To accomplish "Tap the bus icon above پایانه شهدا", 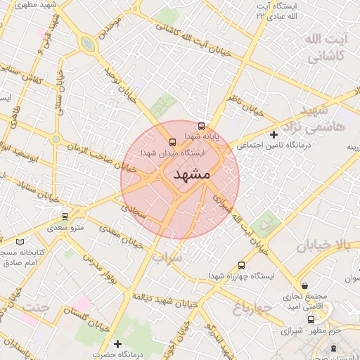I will [202, 127].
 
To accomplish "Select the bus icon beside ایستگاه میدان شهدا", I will [154, 139].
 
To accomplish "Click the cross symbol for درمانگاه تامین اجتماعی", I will [274, 134].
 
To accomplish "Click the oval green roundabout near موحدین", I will [88, 44].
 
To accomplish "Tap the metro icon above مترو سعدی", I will [65, 216].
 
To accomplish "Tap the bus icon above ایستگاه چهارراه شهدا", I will [242, 265].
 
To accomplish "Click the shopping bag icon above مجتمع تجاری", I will [304, 285].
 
